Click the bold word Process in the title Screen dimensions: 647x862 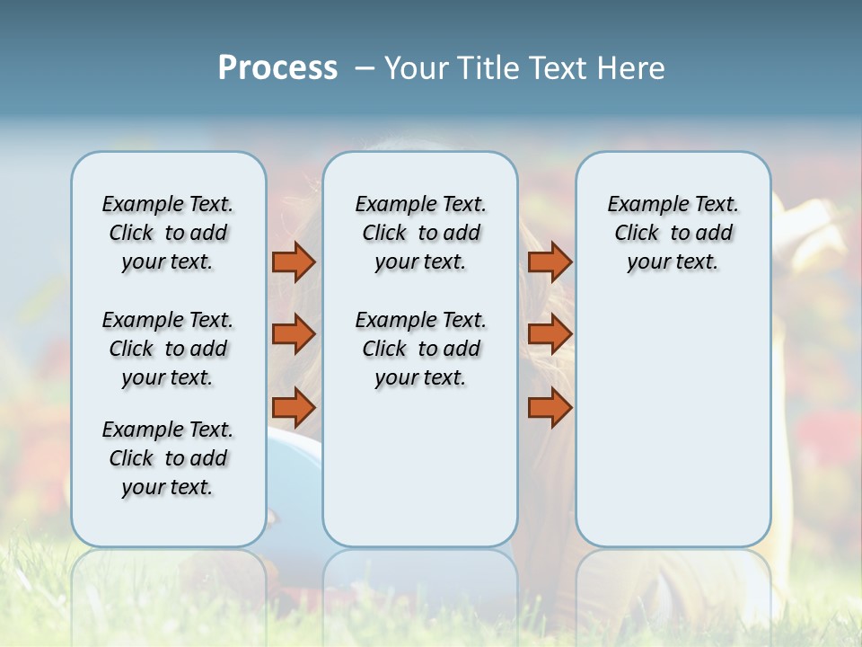click(277, 67)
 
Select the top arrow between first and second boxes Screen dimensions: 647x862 click(294, 262)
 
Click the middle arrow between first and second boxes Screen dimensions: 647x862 click(294, 334)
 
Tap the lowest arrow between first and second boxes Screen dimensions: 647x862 click(294, 408)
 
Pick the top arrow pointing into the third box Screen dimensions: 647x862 click(550, 262)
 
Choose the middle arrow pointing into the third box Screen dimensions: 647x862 click(550, 334)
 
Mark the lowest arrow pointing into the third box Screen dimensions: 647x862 click(550, 408)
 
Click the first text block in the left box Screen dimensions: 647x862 click(168, 233)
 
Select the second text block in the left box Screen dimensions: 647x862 click(168, 349)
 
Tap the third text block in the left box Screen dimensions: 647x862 click(168, 458)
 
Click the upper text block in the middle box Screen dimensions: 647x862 click(420, 233)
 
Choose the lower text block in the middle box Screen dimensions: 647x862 click(420, 349)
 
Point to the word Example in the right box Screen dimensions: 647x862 click(640, 205)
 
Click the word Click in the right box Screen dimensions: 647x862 click(637, 234)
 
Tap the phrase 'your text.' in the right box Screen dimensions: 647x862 click(673, 262)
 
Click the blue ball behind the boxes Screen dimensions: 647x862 click(294, 458)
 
